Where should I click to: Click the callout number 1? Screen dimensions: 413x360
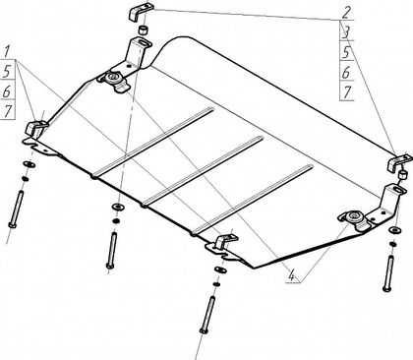(8, 52)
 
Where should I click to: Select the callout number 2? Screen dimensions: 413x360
(346, 13)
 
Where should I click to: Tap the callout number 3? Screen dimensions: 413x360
(346, 33)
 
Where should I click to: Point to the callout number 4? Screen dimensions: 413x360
(291, 274)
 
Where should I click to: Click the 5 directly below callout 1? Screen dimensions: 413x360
(7, 72)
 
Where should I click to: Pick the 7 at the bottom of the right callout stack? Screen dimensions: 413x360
(347, 92)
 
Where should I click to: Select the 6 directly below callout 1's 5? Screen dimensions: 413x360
(7, 91)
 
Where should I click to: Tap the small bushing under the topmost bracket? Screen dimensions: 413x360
(143, 30)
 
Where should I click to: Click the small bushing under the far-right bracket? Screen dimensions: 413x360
(401, 174)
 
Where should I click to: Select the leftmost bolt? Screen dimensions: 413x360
(16, 210)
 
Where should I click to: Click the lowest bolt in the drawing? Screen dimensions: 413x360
(207, 315)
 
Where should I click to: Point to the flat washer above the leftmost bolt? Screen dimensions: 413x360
(29, 164)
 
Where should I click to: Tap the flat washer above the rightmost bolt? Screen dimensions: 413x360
(395, 230)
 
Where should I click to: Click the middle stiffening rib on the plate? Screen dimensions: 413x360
(203, 171)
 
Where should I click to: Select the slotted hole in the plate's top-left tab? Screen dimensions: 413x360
(144, 43)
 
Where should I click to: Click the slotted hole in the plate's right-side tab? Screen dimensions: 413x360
(398, 190)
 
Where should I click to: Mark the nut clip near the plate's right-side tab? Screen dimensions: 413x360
(356, 219)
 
